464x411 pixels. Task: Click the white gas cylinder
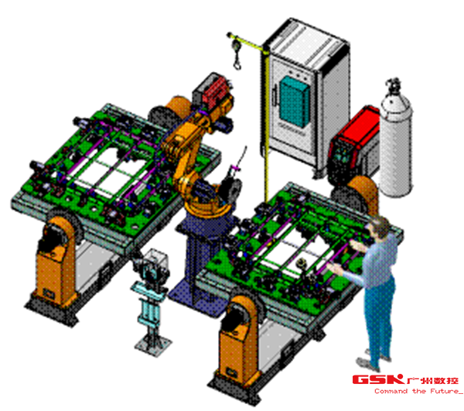pyautogui.click(x=396, y=142)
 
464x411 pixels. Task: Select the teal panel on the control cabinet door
pyautogui.click(x=294, y=101)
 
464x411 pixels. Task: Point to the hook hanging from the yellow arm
pyautogui.click(x=237, y=63)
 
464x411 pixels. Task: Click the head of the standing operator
pyautogui.click(x=380, y=226)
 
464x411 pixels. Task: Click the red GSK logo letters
pyautogui.click(x=378, y=379)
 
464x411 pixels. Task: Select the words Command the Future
pyautogui.click(x=418, y=392)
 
